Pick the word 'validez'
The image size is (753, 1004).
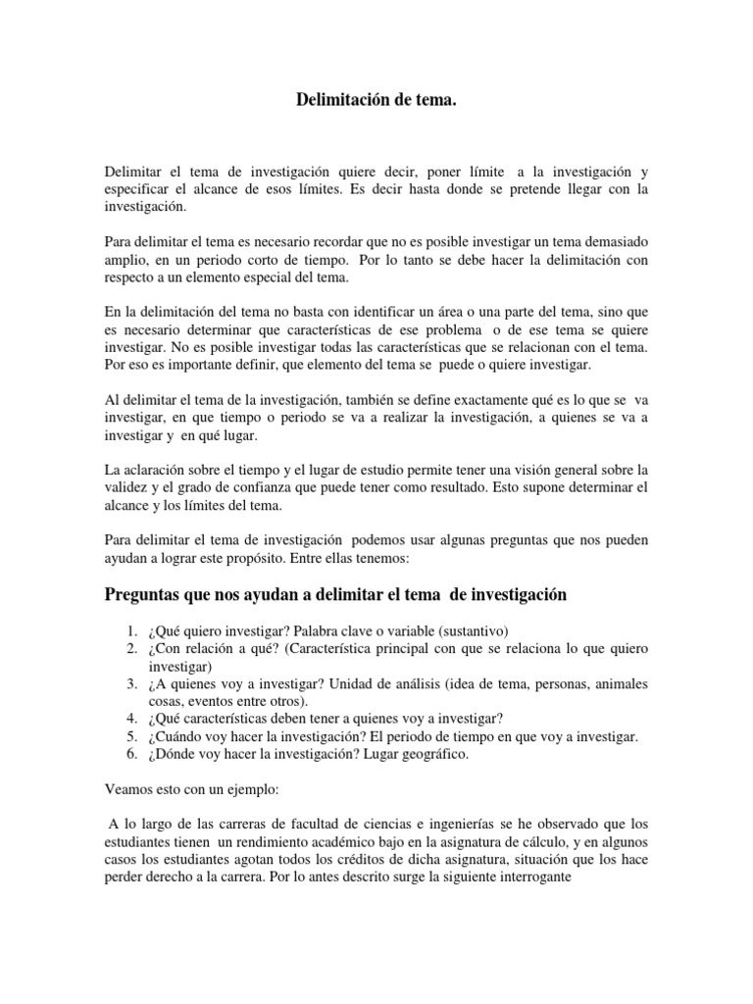coord(125,488)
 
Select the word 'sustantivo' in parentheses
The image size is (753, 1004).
coord(473,630)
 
